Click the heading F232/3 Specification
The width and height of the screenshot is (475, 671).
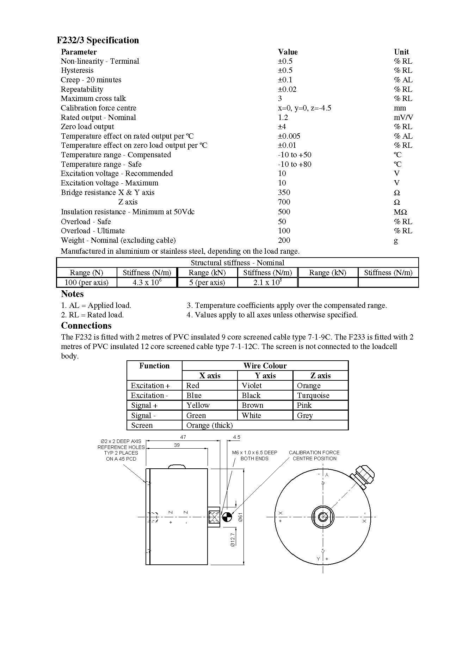[x=98, y=40]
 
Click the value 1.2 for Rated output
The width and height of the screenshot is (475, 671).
[x=283, y=118]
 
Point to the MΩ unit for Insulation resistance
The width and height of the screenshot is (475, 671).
[x=400, y=212]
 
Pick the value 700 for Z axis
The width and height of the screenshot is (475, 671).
[x=284, y=202]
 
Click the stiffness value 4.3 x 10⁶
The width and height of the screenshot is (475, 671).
[x=147, y=283]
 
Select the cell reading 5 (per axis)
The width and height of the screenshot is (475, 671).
[x=207, y=283]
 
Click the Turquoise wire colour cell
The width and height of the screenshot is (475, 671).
[x=313, y=395]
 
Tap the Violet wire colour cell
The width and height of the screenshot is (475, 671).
[x=252, y=386]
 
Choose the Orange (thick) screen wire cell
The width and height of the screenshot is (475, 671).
[x=209, y=425]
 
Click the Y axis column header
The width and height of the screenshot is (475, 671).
[x=265, y=376]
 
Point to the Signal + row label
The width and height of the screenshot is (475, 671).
[x=144, y=405]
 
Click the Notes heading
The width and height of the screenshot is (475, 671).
[x=72, y=294]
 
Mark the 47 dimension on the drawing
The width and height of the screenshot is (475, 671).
[x=183, y=437]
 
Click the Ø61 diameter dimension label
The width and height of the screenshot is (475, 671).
[x=240, y=517]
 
